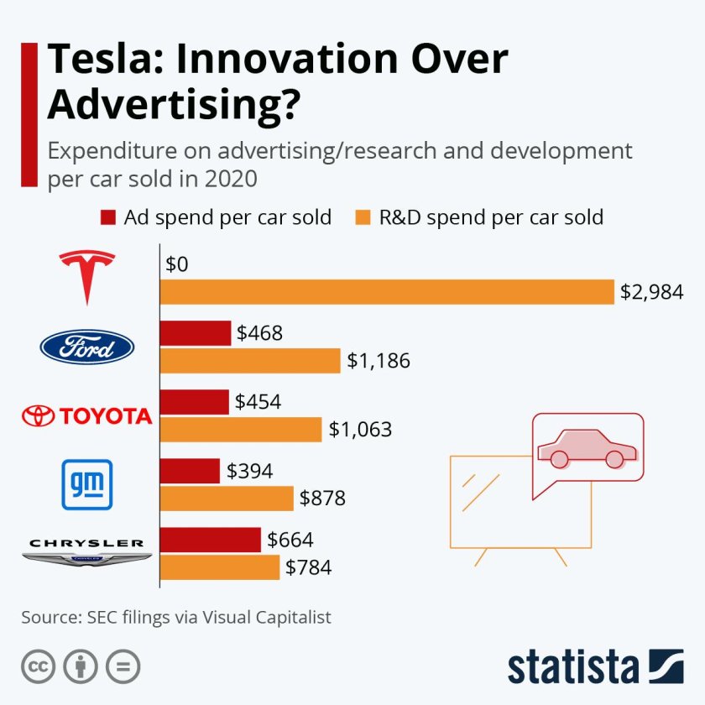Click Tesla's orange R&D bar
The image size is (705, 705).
[387, 292]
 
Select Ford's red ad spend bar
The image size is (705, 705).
[196, 333]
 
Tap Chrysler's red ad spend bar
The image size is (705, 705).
[211, 540]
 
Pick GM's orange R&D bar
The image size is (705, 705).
[227, 499]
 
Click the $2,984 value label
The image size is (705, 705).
[652, 292]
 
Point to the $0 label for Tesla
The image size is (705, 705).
[177, 264]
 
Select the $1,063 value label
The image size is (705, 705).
[360, 430]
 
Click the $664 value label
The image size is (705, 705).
[290, 540]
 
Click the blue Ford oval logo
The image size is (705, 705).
[87, 347]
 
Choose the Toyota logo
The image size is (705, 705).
[87, 415]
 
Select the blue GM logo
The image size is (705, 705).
[87, 484]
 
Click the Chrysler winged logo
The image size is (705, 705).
[87, 552]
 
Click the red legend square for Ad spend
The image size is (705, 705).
[107, 217]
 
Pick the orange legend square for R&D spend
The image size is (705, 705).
[363, 217]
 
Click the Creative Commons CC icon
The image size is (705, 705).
[37, 667]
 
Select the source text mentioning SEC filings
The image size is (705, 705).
[176, 617]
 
